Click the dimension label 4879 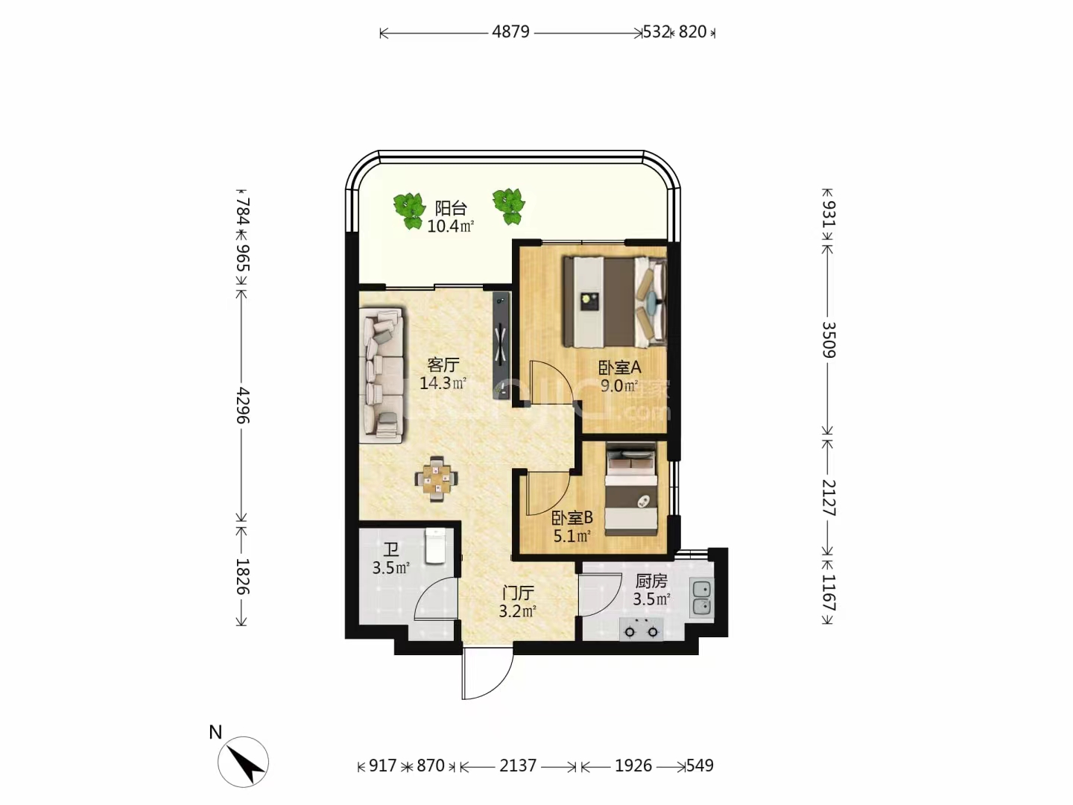[510, 32]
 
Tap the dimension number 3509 [828, 340]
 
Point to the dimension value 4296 [242, 405]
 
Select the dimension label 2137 [518, 765]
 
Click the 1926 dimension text [633, 765]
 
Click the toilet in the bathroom [435, 546]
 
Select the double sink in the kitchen [701, 597]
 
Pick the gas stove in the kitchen [642, 629]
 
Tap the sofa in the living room [382, 376]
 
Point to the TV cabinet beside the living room [501, 346]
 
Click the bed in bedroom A [615, 303]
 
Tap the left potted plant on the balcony [408, 210]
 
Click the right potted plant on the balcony [509, 206]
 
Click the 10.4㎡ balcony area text [451, 227]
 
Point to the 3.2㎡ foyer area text [518, 611]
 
